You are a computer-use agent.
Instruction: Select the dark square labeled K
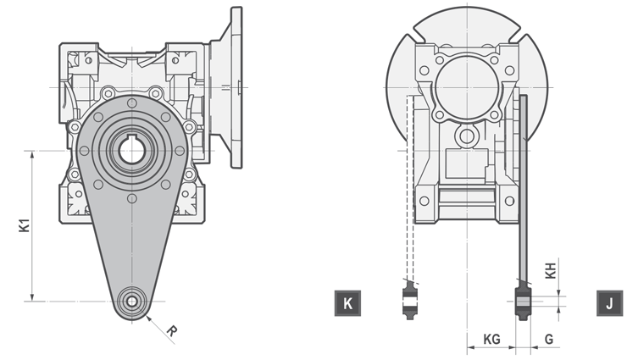[x=347, y=302]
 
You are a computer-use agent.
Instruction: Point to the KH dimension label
[x=551, y=271]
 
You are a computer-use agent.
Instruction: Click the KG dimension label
[x=491, y=339]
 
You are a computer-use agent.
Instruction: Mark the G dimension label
[x=549, y=339]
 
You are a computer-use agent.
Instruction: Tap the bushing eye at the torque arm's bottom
[x=130, y=301]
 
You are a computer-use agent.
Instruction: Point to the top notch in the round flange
[x=464, y=32]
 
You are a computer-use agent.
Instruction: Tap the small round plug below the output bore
[x=465, y=136]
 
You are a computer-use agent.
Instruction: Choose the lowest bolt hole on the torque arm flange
[x=130, y=199]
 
